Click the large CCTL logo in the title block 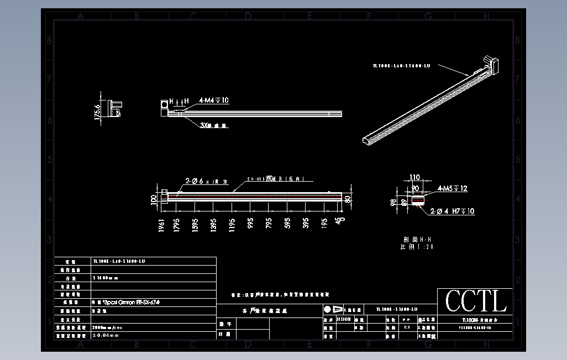click(476, 301)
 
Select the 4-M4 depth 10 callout click(214, 100)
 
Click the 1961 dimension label click(162, 226)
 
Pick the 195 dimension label click(324, 224)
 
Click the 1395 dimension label click(213, 225)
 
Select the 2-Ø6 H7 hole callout click(203, 181)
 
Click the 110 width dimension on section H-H click(414, 178)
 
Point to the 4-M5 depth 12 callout click(452, 189)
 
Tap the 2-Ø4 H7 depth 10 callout click(452, 211)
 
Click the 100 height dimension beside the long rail click(154, 199)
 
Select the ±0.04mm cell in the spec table click(106, 335)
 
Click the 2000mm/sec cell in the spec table click(108, 327)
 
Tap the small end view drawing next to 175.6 click(116, 108)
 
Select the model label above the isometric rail click(401, 66)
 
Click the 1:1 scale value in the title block click(407, 327)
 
